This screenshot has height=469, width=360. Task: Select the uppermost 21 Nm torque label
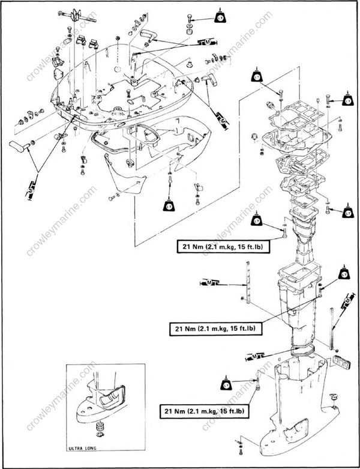click(214, 245)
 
